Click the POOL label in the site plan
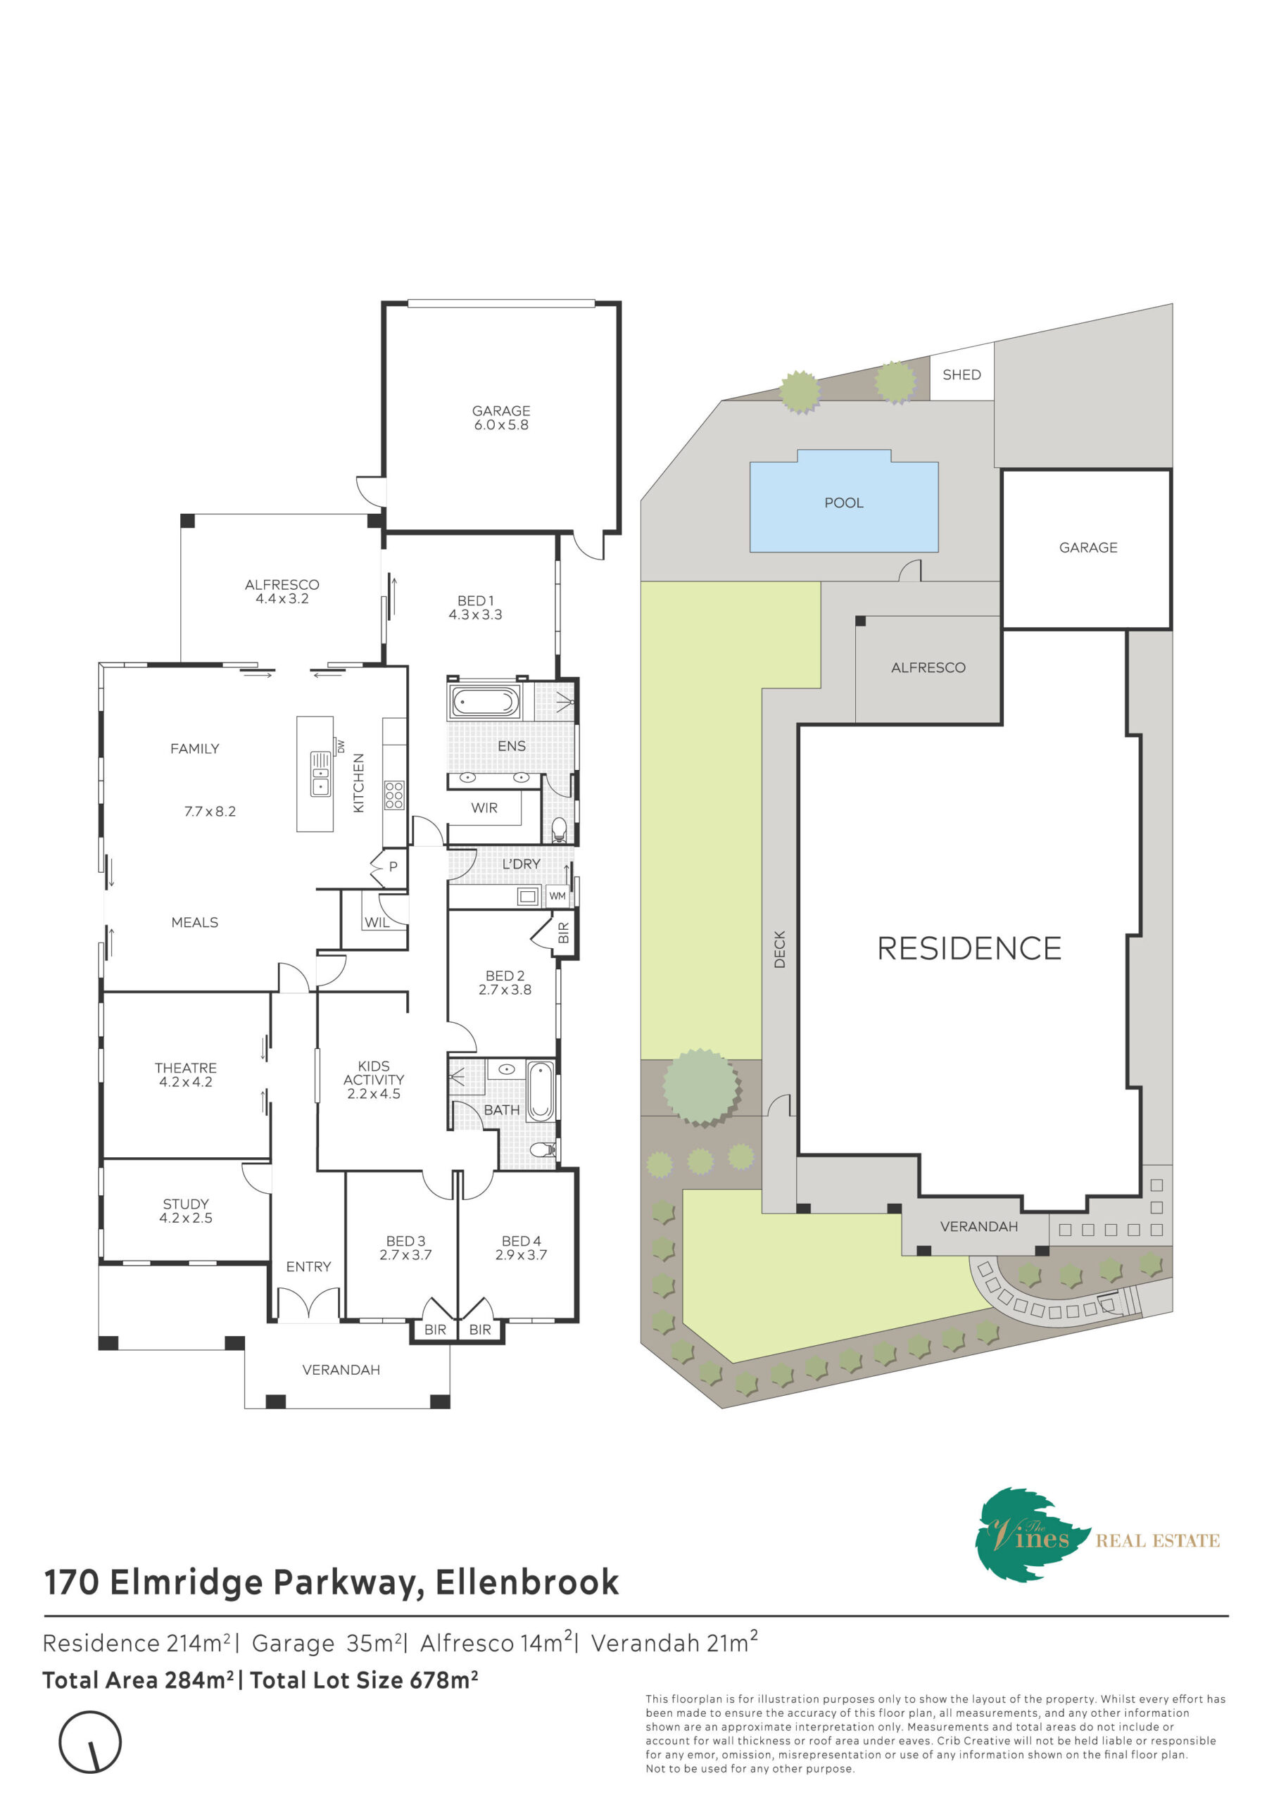tap(843, 503)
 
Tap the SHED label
tap(961, 374)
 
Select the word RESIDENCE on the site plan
tap(969, 948)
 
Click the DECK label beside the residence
tap(778, 949)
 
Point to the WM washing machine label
tap(557, 895)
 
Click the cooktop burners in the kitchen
tap(393, 795)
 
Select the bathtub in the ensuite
tap(484, 702)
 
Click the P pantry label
tap(393, 867)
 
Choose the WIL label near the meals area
tap(377, 923)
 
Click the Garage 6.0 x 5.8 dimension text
tap(501, 424)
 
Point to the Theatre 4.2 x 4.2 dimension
tap(185, 1081)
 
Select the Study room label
tap(185, 1204)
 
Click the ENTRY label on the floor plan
tap(308, 1267)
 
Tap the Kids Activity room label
tap(374, 1073)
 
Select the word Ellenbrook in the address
tap(526, 1582)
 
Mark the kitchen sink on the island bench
tap(320, 774)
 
